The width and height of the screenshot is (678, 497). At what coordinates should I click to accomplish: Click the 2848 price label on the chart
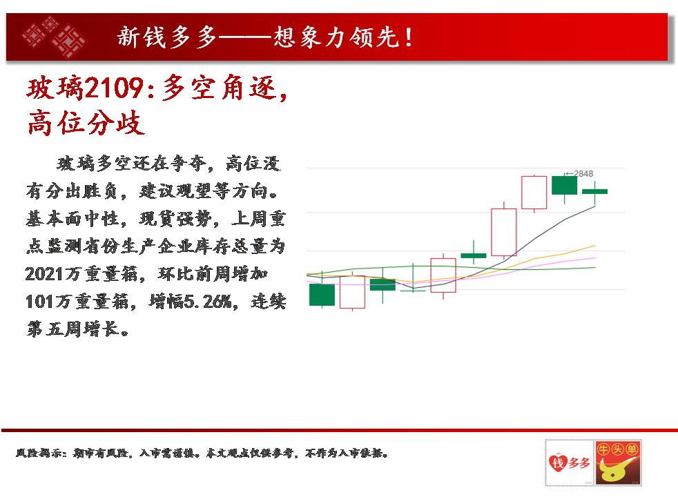(x=583, y=174)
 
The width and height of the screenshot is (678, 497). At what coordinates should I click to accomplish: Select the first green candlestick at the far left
(x=322, y=295)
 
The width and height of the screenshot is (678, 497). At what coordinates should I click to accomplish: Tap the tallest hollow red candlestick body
(x=504, y=232)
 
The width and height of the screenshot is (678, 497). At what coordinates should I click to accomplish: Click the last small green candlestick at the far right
(x=594, y=191)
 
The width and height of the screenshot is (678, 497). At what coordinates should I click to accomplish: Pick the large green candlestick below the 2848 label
(x=564, y=185)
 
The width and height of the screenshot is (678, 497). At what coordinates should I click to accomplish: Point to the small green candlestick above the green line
(x=474, y=255)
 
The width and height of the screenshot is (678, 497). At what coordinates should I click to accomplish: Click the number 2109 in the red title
(x=114, y=88)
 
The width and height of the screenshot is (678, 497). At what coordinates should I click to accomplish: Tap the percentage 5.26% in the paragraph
(x=208, y=301)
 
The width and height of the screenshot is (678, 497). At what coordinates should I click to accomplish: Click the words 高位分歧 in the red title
(x=86, y=123)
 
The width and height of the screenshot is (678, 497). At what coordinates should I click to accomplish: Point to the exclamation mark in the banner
(x=408, y=37)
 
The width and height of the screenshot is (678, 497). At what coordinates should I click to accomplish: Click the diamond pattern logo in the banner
(x=54, y=37)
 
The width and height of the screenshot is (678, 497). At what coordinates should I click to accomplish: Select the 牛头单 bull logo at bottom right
(x=618, y=462)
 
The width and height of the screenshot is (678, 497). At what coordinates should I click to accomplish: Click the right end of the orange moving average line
(x=595, y=246)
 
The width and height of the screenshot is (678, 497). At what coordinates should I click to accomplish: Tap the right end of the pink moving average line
(x=595, y=257)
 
